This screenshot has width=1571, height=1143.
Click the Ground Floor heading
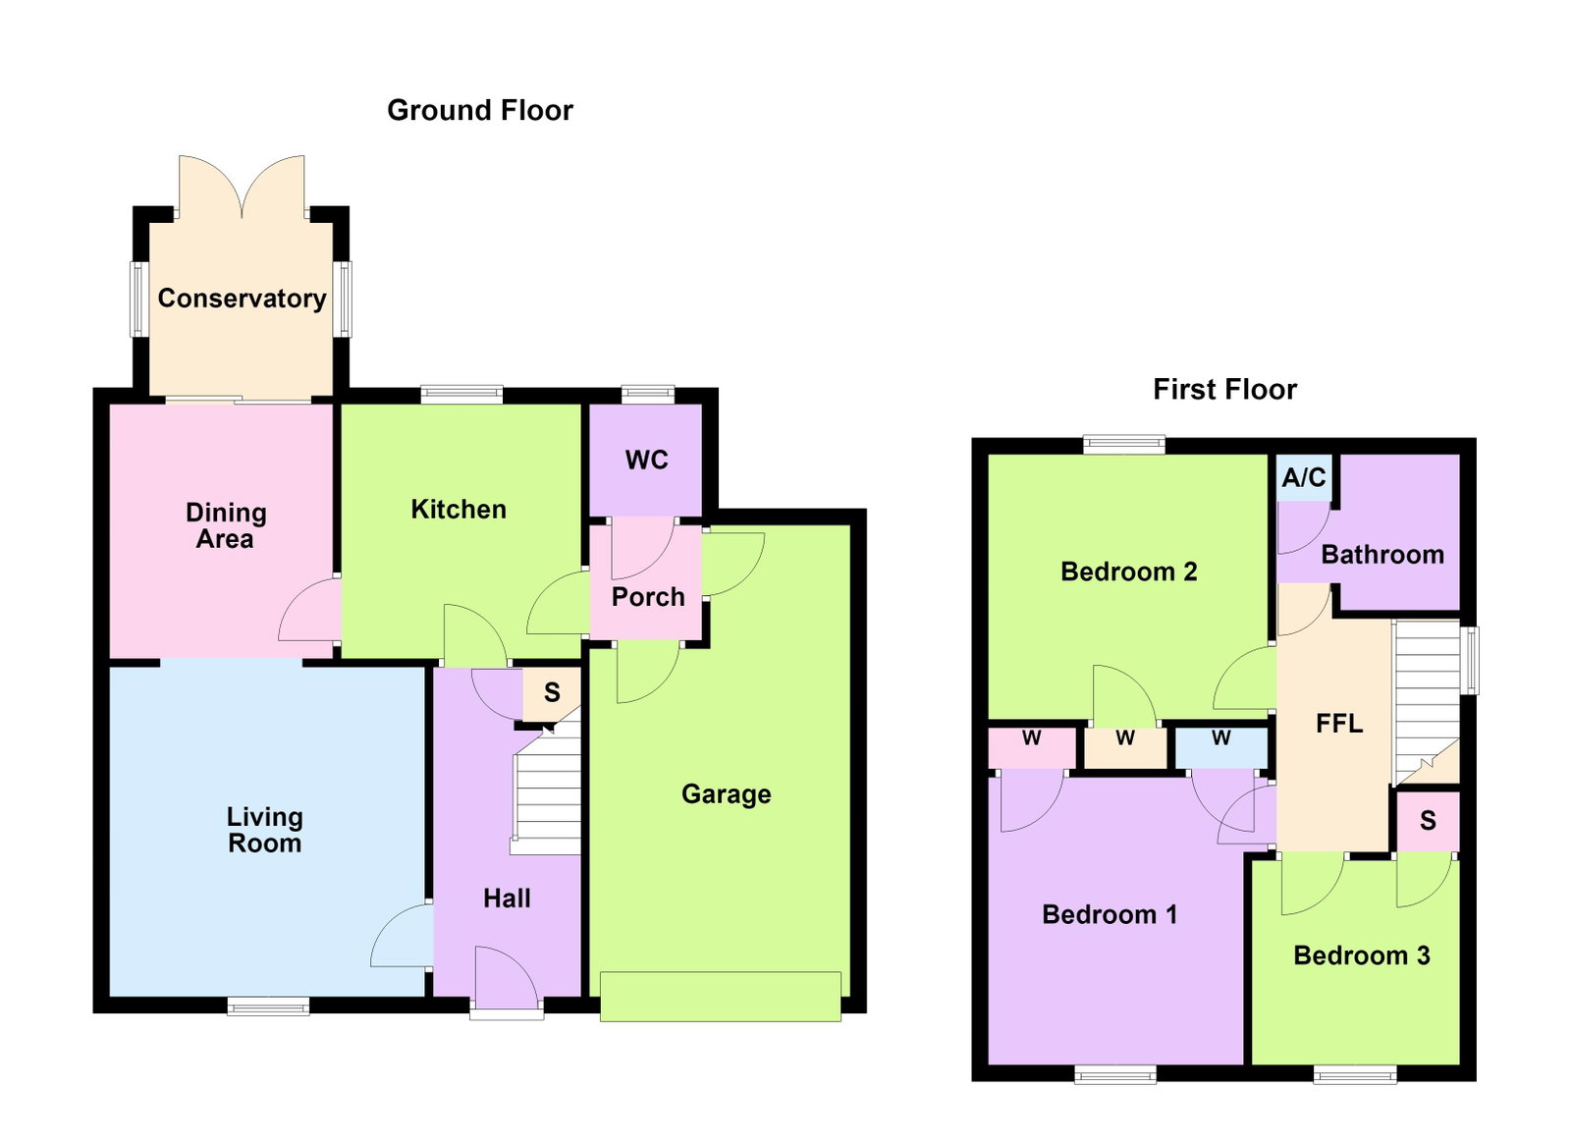(x=480, y=111)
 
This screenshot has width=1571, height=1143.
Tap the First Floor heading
(x=1224, y=390)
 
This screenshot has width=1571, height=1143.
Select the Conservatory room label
(x=242, y=299)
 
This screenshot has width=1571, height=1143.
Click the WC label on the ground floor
(x=647, y=460)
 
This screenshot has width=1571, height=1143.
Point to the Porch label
(x=648, y=597)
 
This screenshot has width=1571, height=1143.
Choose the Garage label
(x=727, y=794)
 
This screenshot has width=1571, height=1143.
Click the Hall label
(x=507, y=898)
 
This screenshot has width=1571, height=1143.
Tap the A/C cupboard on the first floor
(x=1304, y=478)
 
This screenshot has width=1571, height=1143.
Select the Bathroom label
(x=1382, y=555)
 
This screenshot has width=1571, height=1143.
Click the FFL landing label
(x=1339, y=723)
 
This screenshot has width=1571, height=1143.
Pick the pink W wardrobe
(x=1032, y=748)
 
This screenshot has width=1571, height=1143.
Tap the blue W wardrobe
(x=1221, y=748)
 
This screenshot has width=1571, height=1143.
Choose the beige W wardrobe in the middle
(x=1125, y=748)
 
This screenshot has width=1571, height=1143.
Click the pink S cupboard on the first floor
(x=1428, y=821)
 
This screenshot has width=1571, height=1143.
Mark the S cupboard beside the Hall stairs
(x=552, y=693)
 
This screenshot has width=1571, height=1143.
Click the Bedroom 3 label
(x=1361, y=955)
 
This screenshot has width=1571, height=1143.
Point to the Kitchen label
(x=459, y=510)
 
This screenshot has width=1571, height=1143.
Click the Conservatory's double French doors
(x=242, y=187)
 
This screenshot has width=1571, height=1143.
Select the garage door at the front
(x=721, y=997)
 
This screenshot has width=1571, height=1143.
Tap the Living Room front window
(x=269, y=1007)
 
